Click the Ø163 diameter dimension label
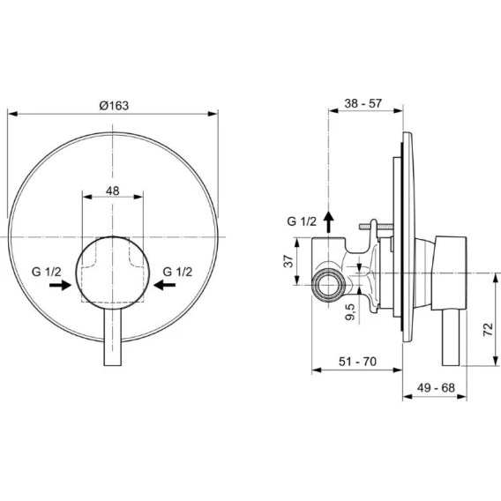pyautogui.click(x=114, y=106)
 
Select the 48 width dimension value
pyautogui.click(x=113, y=191)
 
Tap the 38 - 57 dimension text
pyautogui.click(x=363, y=103)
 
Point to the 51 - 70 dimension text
pyautogui.click(x=357, y=362)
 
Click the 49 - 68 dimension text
pyautogui.click(x=436, y=387)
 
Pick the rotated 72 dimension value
pyautogui.click(x=488, y=329)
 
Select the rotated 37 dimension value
pyautogui.click(x=288, y=261)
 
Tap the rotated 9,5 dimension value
pyautogui.click(x=350, y=312)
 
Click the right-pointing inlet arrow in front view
pyautogui.click(x=60, y=285)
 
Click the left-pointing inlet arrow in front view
pyautogui.click(x=164, y=285)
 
